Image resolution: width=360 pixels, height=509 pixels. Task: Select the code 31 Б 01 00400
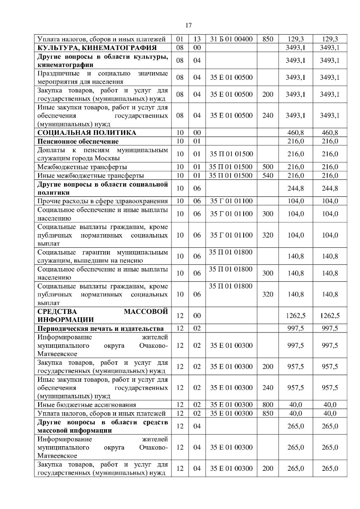pyautogui.click(x=231, y=39)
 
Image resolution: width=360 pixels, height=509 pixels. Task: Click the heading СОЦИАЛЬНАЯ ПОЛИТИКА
pyautogui.click(x=87, y=133)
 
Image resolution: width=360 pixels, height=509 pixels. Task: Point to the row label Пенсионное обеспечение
pyautogui.click(x=78, y=141)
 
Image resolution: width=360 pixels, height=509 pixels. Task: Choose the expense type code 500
pyautogui.click(x=267, y=167)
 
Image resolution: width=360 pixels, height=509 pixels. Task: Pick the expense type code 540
pyautogui.click(x=267, y=175)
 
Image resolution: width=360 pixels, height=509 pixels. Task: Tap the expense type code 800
pyautogui.click(x=267, y=405)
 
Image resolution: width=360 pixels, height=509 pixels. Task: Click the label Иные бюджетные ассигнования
pyautogui.click(x=87, y=405)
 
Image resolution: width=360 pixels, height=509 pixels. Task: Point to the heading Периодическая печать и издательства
pyautogui.click(x=101, y=328)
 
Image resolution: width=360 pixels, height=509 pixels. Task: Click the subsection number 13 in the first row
pyautogui.click(x=197, y=39)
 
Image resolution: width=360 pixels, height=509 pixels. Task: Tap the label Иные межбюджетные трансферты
pyautogui.click(x=90, y=175)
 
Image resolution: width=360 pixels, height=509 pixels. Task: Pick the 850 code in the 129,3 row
pyautogui.click(x=267, y=39)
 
